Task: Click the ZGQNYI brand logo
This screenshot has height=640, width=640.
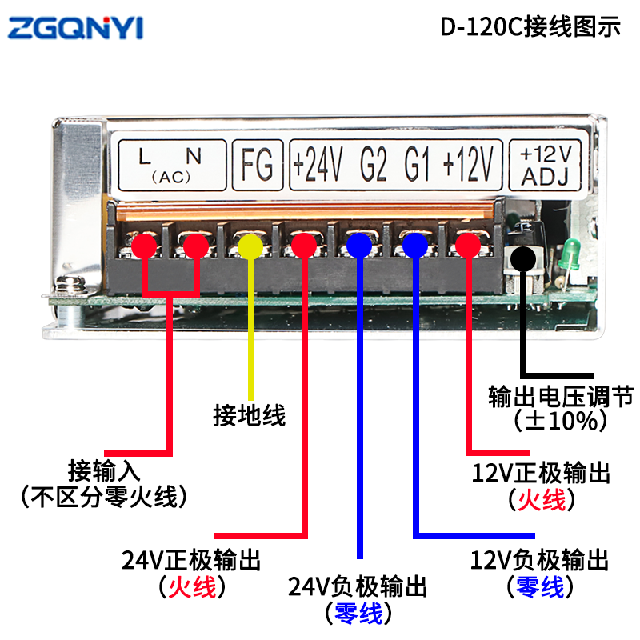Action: click(x=75, y=28)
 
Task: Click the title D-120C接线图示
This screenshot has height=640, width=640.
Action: click(x=530, y=27)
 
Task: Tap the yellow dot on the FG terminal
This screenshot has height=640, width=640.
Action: click(x=250, y=246)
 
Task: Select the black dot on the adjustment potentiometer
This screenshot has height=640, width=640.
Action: click(x=523, y=258)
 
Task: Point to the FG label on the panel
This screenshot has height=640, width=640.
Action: click(x=257, y=165)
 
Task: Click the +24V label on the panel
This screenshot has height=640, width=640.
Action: click(x=318, y=165)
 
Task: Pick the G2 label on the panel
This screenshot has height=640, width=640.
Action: click(x=374, y=165)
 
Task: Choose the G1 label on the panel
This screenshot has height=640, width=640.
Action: click(x=417, y=165)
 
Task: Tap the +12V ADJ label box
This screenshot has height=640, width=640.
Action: click(x=545, y=166)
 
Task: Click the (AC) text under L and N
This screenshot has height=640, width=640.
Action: click(x=171, y=177)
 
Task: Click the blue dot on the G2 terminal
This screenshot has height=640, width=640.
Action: click(x=359, y=246)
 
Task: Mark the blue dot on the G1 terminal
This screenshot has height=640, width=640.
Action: click(x=415, y=246)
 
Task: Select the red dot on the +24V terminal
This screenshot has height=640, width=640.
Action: click(x=304, y=246)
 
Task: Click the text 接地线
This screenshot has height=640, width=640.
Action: click(x=250, y=416)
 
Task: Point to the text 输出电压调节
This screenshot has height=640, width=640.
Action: click(x=562, y=396)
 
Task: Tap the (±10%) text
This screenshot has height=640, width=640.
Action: click(x=561, y=421)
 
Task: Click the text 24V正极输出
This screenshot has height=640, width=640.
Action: click(x=191, y=560)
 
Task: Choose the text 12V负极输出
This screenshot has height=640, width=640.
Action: click(x=539, y=560)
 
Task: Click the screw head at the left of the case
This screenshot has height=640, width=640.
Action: click(x=70, y=283)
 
